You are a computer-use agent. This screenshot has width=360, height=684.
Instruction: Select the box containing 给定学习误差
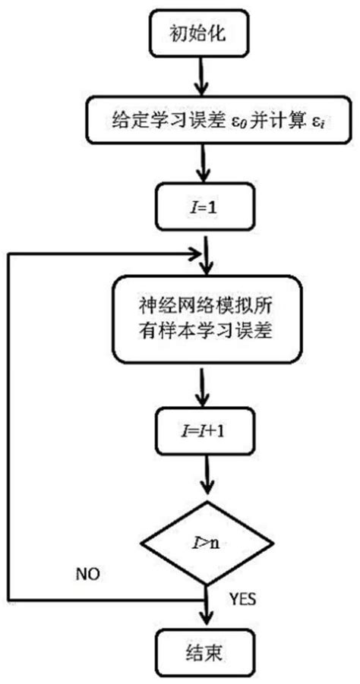pos(202,120)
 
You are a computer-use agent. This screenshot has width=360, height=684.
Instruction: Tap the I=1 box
pos(201,206)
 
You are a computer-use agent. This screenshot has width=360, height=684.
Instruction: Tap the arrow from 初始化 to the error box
pos(201,77)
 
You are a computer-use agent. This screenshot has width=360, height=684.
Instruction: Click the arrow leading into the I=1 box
pos(201,162)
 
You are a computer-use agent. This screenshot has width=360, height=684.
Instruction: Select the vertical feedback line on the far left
pos(9,425)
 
